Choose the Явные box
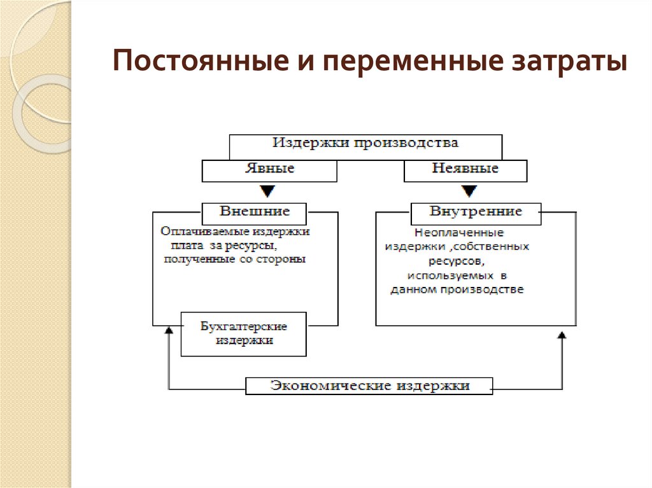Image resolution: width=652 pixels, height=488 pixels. tap(269, 170)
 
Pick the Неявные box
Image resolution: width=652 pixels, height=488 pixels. tap(465, 170)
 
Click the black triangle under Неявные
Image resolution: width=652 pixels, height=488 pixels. tap(469, 191)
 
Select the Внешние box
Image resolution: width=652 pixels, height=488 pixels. tap(254, 213)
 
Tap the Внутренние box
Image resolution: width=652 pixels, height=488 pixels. tap(476, 213)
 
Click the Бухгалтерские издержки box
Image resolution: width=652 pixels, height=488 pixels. tap(244, 334)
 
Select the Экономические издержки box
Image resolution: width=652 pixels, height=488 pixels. tap(369, 386)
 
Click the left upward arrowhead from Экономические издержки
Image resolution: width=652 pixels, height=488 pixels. tap(169, 331)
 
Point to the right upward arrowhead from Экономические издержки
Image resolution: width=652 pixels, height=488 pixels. tap(562, 335)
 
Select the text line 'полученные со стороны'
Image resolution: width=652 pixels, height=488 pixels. tap(234, 259)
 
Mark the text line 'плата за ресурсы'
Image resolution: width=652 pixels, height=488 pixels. tap(223, 246)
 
